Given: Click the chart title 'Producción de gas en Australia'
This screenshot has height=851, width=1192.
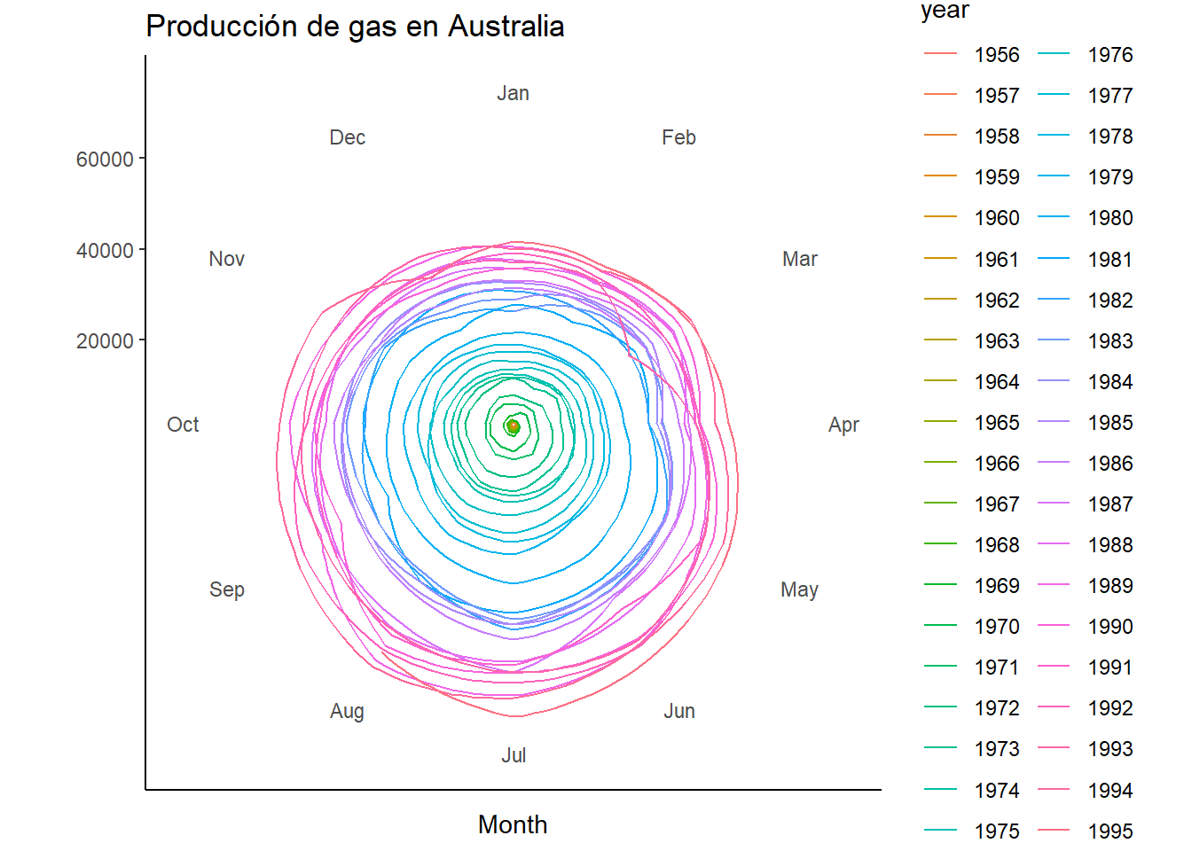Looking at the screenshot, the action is coord(355,27).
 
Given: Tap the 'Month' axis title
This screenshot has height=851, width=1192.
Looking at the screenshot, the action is coord(513,825).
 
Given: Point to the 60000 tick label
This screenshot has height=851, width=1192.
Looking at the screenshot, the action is coord(105,159).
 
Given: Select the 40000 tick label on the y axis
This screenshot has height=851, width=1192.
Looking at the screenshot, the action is coord(105,251).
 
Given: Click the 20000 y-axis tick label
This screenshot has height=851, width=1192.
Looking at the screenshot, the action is coord(105,341).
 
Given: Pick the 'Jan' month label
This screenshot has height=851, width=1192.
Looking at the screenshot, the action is coord(513,94).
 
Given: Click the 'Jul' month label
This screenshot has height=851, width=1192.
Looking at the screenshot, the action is coord(514,755).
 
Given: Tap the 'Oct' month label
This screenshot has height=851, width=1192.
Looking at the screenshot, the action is coord(183,425).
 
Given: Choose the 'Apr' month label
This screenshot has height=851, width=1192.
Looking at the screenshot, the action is coord(843,425).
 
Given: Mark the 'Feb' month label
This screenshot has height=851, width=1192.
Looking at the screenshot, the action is coord(678,137).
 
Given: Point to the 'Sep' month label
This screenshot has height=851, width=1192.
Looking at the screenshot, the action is coord(227,589).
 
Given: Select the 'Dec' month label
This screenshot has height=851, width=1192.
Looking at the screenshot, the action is coord(348,137).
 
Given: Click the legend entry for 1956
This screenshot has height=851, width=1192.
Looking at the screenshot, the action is coord(972,55).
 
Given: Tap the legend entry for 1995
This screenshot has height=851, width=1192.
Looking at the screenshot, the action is coord(1085,831).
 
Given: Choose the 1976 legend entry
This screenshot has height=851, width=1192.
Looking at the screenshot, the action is coord(1085,55).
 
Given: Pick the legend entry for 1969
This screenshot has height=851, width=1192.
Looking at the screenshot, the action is coord(972,586).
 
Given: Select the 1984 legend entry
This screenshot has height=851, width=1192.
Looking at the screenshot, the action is coord(1085,382).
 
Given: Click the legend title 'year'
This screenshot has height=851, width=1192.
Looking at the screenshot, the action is coord(945,11).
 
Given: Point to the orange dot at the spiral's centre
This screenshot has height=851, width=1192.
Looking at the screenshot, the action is coord(513,426).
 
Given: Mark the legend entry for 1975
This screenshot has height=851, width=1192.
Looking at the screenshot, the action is coord(972,831).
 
